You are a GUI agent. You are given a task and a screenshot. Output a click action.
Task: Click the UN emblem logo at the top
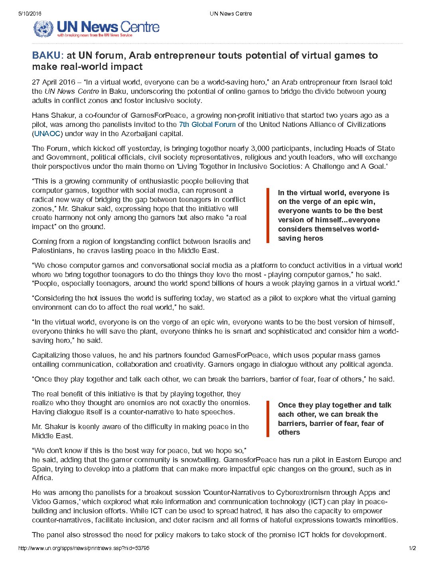43,28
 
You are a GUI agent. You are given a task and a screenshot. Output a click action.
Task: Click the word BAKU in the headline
46,55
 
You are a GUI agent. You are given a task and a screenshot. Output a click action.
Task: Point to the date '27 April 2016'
53,82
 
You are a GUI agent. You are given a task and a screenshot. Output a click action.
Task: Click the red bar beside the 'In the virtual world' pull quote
268,216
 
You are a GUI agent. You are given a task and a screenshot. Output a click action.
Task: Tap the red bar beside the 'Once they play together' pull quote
268,419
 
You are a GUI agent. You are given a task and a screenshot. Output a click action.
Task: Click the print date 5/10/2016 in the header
30,14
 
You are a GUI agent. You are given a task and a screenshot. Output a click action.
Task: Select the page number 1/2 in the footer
412,548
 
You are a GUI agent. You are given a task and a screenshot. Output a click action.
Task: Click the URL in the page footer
84,548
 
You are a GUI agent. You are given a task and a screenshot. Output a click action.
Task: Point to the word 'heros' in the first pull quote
313,238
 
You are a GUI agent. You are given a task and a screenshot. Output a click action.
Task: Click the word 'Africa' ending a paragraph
41,478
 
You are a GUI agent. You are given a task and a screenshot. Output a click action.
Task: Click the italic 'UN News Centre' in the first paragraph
72,91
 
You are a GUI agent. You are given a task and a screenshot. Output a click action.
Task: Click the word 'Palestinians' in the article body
51,251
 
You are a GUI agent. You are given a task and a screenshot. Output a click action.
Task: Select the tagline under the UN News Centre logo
95,36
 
